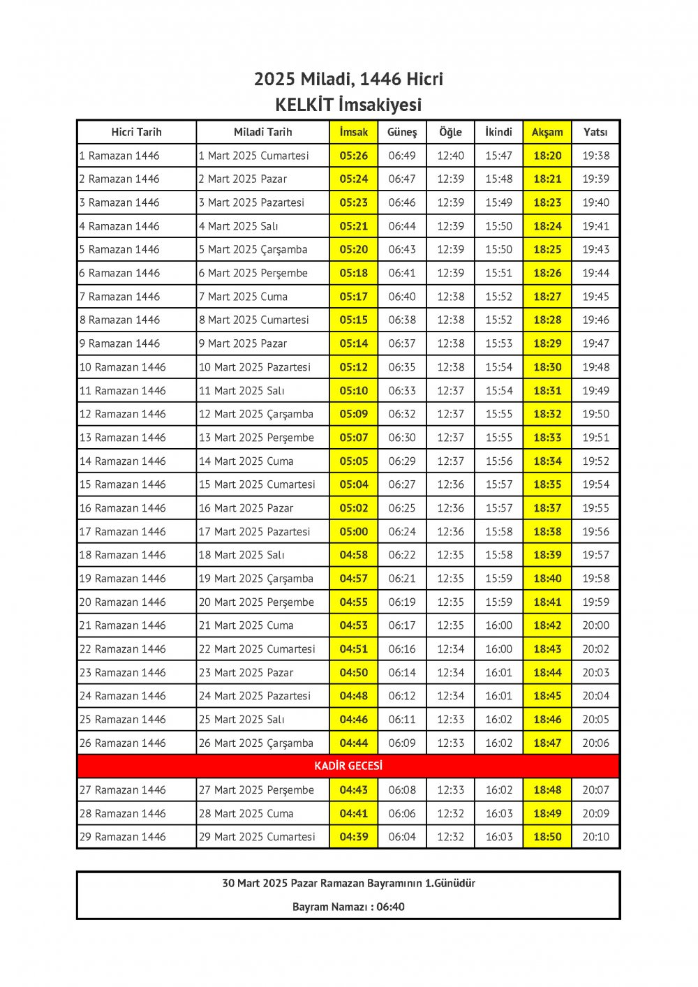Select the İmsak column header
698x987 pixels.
click(354, 132)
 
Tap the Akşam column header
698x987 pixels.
click(547, 132)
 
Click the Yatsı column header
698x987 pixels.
click(595, 132)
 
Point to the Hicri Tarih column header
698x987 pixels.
click(136, 132)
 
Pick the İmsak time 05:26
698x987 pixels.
click(354, 156)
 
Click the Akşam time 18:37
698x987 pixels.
click(547, 508)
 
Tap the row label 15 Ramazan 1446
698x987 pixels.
click(123, 484)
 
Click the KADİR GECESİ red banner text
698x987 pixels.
click(348, 766)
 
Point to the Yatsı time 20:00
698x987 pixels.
click(595, 625)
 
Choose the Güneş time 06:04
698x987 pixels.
click(402, 837)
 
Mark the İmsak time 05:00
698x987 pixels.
click(354, 531)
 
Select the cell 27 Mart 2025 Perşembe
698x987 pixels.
click(256, 790)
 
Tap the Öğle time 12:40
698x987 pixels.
click(450, 156)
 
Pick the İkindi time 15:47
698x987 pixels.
click(498, 156)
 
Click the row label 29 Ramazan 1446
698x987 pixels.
click(123, 837)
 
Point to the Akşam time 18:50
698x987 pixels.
click(547, 837)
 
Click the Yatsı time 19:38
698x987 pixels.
click(595, 156)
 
